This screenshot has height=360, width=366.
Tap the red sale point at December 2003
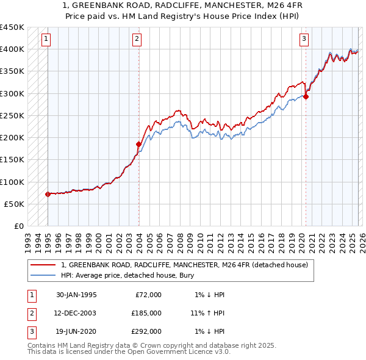click(x=138, y=144)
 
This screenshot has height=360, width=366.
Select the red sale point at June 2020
click(x=306, y=96)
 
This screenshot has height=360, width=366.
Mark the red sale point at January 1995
click(x=48, y=194)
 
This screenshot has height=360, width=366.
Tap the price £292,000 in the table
click(x=146, y=331)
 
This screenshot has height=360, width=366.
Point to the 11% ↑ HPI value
click(x=207, y=313)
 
